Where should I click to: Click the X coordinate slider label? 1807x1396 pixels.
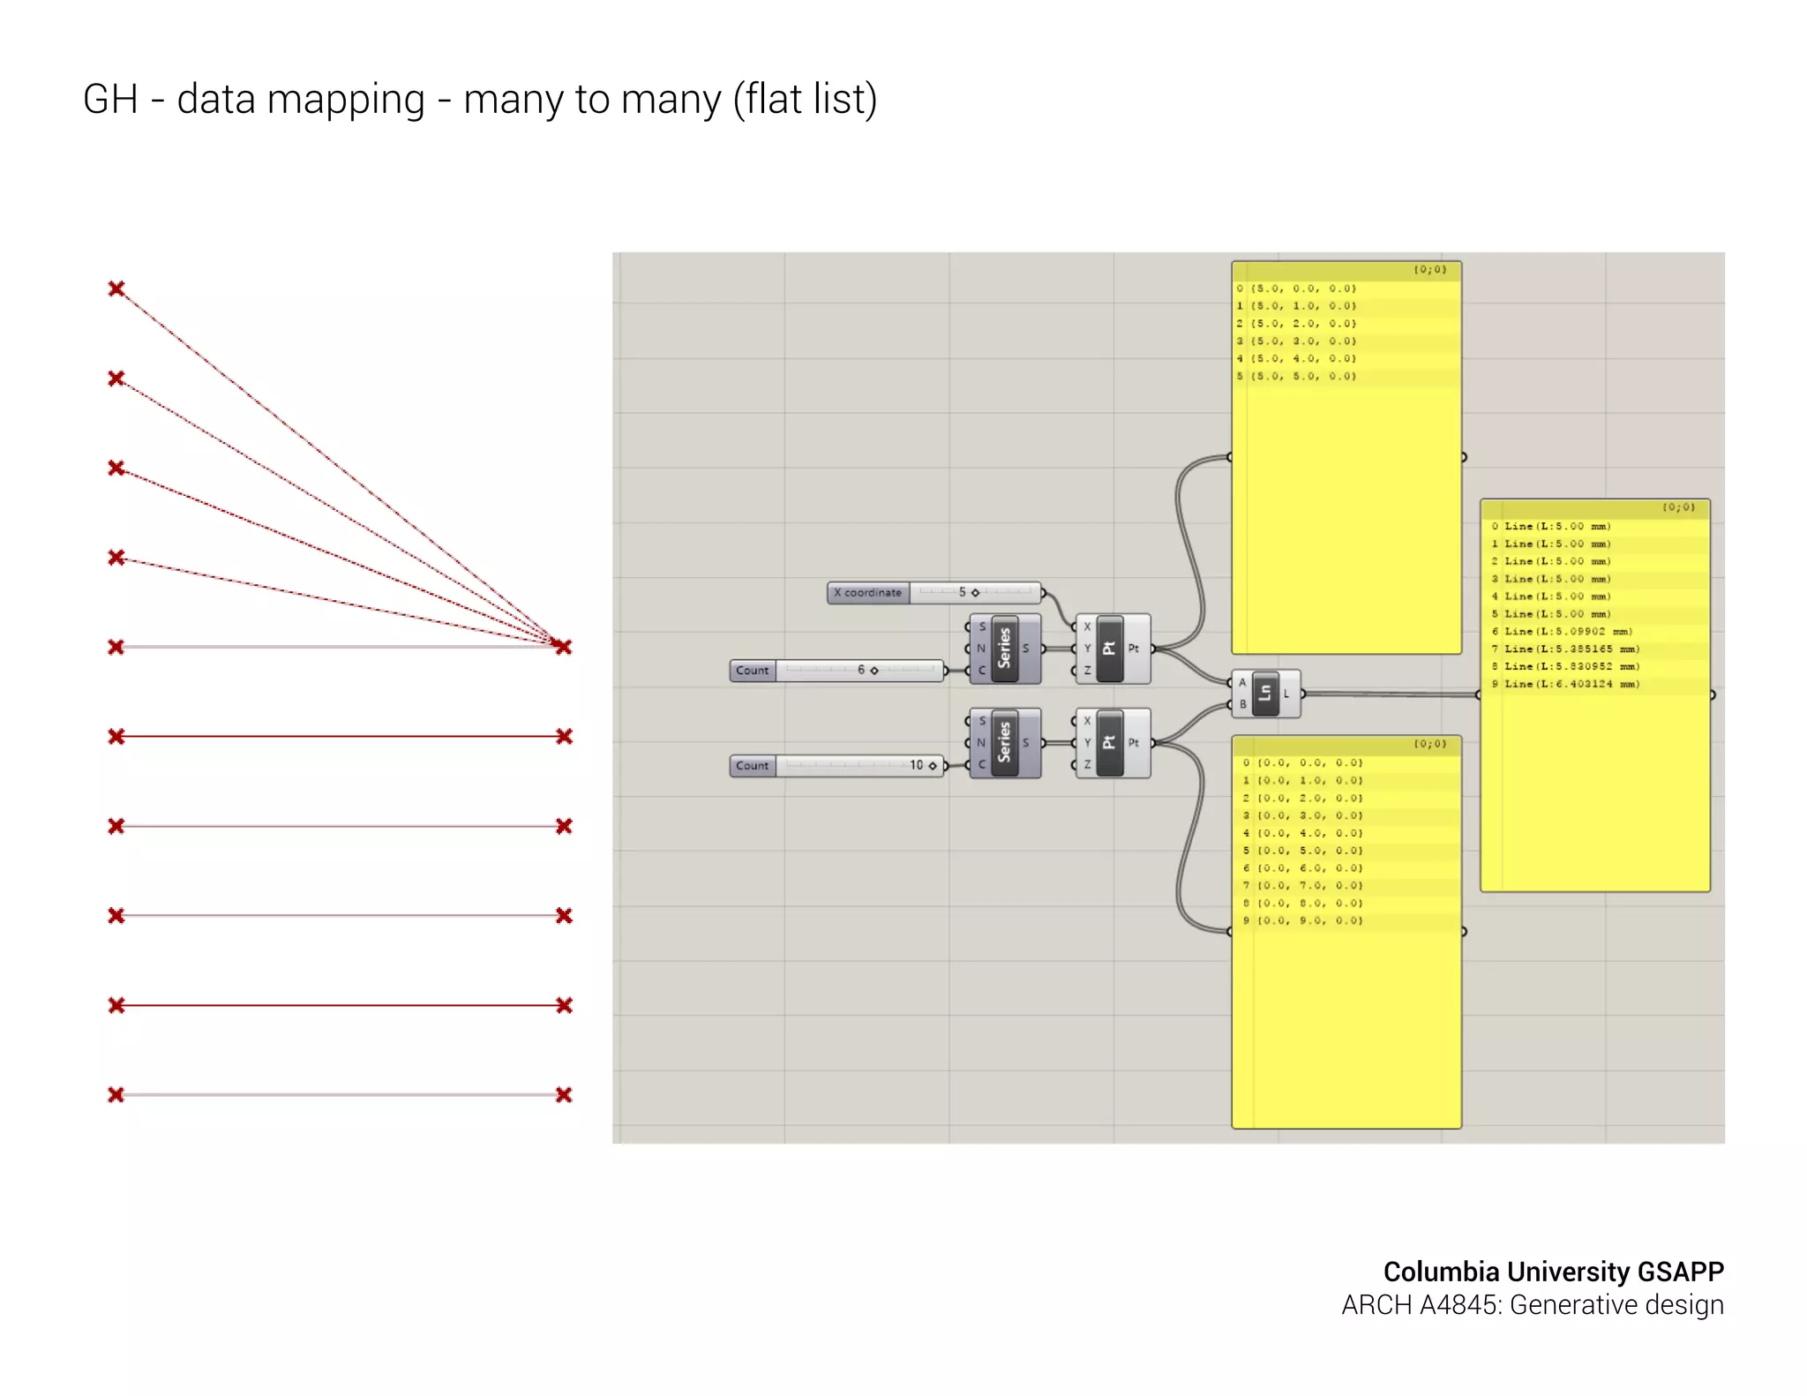click(x=868, y=593)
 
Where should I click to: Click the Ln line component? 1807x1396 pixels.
click(x=1265, y=694)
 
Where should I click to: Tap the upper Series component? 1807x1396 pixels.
click(x=1005, y=649)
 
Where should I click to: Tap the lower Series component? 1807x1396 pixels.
click(x=1005, y=743)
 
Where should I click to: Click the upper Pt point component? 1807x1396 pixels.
click(x=1110, y=649)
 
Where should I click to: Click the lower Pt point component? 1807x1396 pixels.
click(x=1110, y=743)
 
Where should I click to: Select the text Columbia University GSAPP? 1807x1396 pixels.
click(x=1553, y=1272)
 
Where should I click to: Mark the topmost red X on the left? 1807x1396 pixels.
click(x=116, y=289)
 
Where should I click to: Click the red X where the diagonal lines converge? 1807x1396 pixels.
click(x=563, y=647)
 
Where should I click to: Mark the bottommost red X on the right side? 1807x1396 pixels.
click(x=565, y=1095)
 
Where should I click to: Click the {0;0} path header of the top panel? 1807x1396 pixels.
click(x=1430, y=270)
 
